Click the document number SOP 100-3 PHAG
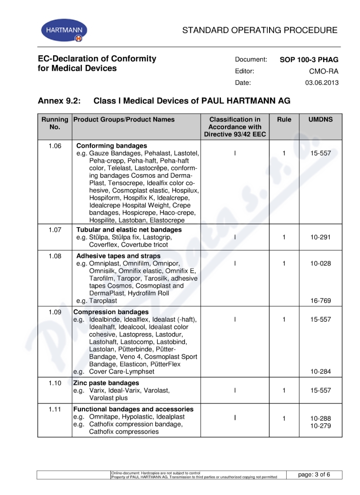(x=309, y=59)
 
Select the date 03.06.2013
(x=322, y=83)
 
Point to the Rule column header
(x=284, y=120)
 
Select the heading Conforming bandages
(x=112, y=146)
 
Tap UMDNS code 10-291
(x=320, y=237)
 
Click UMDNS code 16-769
(x=320, y=301)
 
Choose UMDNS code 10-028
(x=320, y=264)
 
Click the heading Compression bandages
(x=111, y=312)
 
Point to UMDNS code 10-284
(x=320, y=372)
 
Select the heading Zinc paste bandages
(x=106, y=383)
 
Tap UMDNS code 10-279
(x=320, y=425)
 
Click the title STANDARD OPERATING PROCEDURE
(x=260, y=31)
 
